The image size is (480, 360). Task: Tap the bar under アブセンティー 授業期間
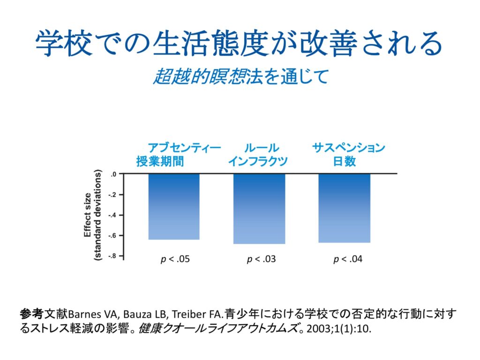coord(174,206)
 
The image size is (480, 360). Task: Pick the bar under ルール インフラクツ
coord(259,209)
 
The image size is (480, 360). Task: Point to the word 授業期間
coord(160,162)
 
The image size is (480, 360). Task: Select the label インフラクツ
coord(258,162)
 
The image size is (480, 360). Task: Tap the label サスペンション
coord(349,148)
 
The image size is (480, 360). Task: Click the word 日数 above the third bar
coord(345,162)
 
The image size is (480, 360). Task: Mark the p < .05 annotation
coord(175,259)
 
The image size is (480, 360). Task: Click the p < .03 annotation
coord(261,259)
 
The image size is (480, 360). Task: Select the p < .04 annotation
coord(347,259)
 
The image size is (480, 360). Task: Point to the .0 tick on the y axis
coord(113,174)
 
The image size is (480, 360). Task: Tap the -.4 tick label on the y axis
coord(112,215)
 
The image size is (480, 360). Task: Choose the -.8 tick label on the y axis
coord(112,256)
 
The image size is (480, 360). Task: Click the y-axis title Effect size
coord(88,215)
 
